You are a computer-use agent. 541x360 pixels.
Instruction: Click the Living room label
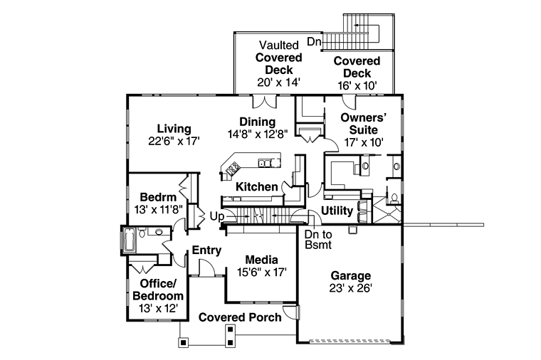point(174,129)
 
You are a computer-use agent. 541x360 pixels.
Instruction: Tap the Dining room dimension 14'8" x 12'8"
point(257,134)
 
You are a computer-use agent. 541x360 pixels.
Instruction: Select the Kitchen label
point(256,186)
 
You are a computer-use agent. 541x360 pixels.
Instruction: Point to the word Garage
point(351,276)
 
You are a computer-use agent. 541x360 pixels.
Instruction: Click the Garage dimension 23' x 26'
point(351,288)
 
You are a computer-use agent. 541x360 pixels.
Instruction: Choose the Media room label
point(261,259)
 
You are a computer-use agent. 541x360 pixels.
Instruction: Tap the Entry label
point(206,250)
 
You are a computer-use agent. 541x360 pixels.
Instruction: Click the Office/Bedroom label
point(157,289)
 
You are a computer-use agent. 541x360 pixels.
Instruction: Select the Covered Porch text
point(239,317)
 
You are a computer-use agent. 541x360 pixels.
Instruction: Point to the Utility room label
point(337,211)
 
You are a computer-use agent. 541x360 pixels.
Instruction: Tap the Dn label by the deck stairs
point(313,41)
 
